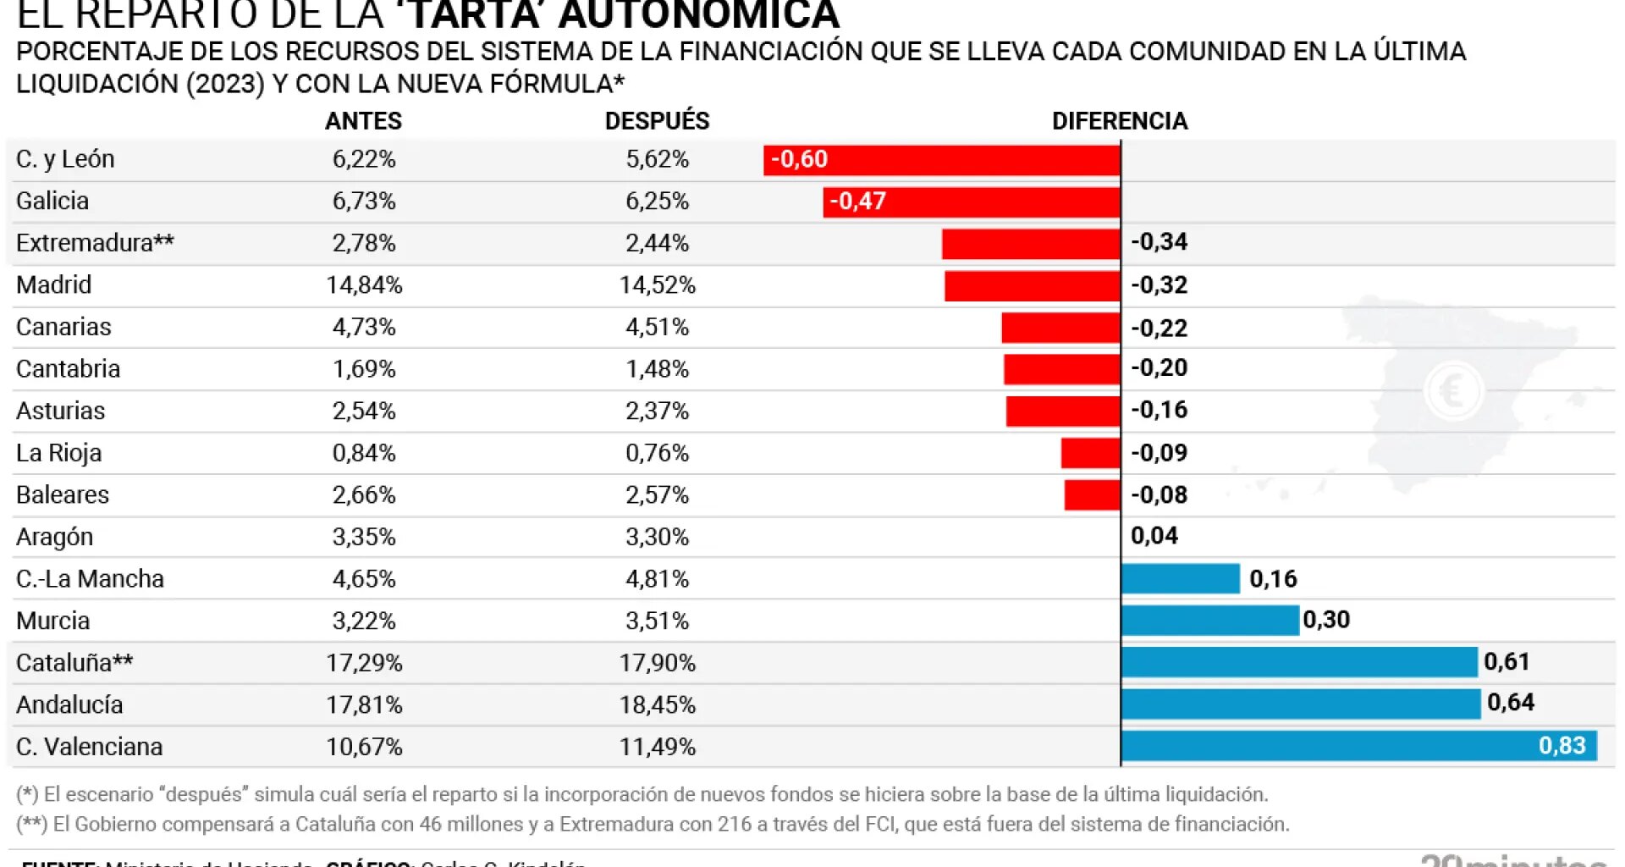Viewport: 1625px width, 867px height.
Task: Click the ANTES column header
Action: pos(363,120)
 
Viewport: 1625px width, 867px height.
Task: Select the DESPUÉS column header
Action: pos(657,120)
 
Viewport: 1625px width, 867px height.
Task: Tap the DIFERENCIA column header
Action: pos(1119,120)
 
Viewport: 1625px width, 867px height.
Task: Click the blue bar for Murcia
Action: pos(1209,620)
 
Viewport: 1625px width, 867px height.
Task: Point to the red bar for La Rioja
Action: pos(1090,453)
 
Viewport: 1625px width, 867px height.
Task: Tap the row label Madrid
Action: pos(53,284)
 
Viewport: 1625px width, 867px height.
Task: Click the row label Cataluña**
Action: pos(74,662)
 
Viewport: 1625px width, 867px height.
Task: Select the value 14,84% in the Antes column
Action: pos(364,284)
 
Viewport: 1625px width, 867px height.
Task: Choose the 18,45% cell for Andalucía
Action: pos(657,704)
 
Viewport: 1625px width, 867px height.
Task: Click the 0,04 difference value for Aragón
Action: pos(1154,535)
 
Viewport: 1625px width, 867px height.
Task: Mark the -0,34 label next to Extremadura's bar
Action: pos(1159,242)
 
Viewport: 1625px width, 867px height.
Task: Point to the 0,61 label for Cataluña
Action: pos(1507,661)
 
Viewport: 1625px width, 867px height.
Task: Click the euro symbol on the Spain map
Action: pos(1452,391)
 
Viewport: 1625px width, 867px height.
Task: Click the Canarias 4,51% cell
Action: pos(657,327)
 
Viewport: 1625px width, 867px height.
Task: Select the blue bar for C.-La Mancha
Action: pos(1180,578)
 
